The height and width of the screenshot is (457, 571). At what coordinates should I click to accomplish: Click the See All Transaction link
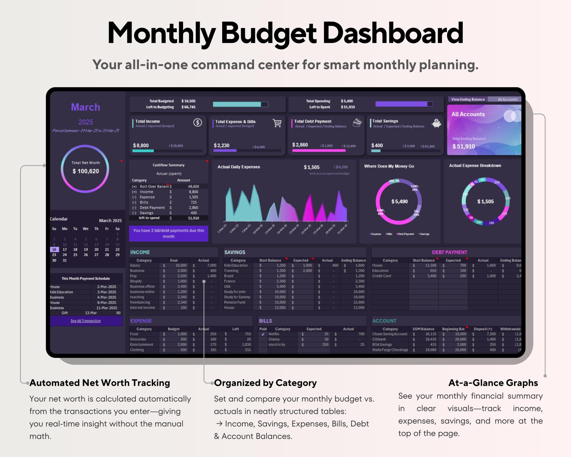tap(86, 321)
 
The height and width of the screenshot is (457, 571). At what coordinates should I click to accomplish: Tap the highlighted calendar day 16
tap(54, 249)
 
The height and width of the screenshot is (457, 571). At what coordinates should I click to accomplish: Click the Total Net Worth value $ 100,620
tap(86, 171)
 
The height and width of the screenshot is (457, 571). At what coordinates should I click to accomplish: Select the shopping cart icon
tap(277, 123)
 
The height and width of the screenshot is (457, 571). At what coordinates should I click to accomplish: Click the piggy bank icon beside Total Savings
tap(436, 123)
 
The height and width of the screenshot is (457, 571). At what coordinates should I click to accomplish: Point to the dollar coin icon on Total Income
tap(197, 123)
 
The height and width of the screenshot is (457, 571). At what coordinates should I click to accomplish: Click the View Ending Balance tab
tap(468, 99)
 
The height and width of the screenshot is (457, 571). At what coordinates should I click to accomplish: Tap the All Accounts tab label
tap(507, 99)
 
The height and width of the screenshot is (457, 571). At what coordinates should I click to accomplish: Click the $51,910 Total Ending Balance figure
tap(463, 147)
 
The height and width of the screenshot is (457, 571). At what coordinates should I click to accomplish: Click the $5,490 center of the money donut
tap(399, 201)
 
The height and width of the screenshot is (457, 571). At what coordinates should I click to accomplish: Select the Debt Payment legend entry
tap(405, 234)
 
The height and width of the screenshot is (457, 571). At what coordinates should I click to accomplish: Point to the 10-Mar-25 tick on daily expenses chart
tap(257, 229)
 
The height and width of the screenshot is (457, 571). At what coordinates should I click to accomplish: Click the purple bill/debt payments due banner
tap(168, 233)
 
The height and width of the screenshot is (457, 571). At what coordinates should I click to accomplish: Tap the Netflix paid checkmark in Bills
tap(263, 334)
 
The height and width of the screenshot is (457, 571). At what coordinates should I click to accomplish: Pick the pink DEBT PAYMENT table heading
tap(449, 252)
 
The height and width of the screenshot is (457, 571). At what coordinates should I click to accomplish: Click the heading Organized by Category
tap(265, 383)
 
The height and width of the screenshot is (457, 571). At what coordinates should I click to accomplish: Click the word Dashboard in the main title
tap(393, 33)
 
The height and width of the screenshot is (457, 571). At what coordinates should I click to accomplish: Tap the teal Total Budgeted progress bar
tap(237, 104)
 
